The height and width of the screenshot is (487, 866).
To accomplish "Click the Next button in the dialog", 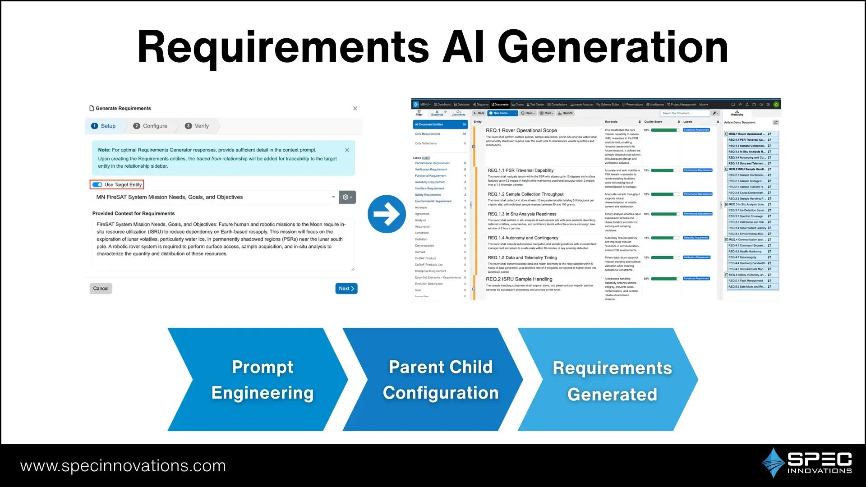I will [x=346, y=289].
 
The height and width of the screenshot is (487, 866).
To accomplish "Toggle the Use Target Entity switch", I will [x=97, y=185].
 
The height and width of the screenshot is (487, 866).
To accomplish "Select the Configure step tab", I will [x=150, y=126].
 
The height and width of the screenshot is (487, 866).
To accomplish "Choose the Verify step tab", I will [x=197, y=126].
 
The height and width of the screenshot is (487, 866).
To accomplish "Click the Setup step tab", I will [x=103, y=126].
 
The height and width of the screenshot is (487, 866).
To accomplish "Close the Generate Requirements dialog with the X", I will [x=355, y=109].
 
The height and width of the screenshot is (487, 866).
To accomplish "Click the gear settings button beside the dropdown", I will [x=347, y=198].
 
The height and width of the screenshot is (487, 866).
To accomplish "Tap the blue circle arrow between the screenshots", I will [x=387, y=214].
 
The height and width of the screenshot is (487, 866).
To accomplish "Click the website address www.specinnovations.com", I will [x=123, y=466].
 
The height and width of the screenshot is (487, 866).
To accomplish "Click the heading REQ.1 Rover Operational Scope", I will [x=521, y=131].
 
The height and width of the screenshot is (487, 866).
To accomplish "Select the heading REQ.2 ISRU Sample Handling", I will [x=519, y=280].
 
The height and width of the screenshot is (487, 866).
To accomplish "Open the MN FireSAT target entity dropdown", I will [x=215, y=198].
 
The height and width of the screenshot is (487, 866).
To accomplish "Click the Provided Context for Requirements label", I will [x=134, y=214].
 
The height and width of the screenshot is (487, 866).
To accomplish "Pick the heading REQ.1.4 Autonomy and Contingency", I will [x=523, y=238].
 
